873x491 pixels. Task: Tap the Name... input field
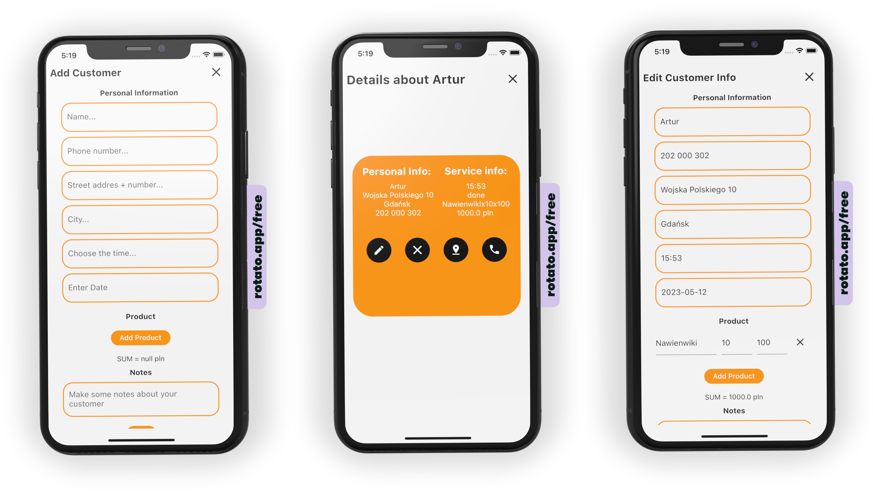(x=139, y=117)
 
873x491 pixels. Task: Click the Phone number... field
(x=139, y=151)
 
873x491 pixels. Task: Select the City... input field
(x=140, y=219)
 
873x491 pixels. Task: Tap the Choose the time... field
(x=140, y=253)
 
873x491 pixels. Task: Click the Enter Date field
(x=140, y=287)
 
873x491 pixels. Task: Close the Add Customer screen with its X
(x=216, y=72)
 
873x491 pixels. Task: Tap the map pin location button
(x=456, y=250)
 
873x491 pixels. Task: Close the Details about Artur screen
(x=513, y=79)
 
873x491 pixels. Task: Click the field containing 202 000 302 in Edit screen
(x=732, y=155)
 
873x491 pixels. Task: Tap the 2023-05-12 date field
(x=733, y=292)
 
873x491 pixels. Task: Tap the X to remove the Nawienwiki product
(x=800, y=342)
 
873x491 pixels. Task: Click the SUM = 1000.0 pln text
(x=734, y=397)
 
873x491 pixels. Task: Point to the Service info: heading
(x=475, y=171)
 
